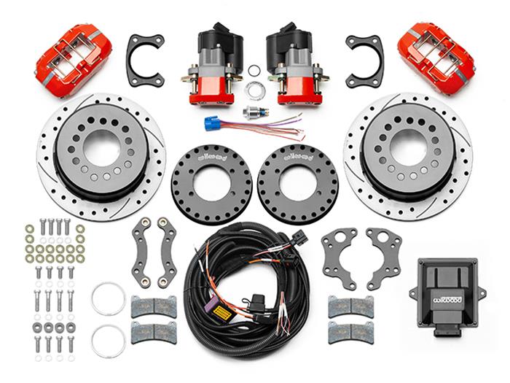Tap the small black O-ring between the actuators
click(x=254, y=71)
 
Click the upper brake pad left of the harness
click(x=153, y=307)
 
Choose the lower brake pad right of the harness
click(x=350, y=332)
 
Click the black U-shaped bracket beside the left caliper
click(x=145, y=59)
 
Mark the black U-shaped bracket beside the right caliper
click(x=364, y=59)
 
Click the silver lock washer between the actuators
click(x=254, y=91)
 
